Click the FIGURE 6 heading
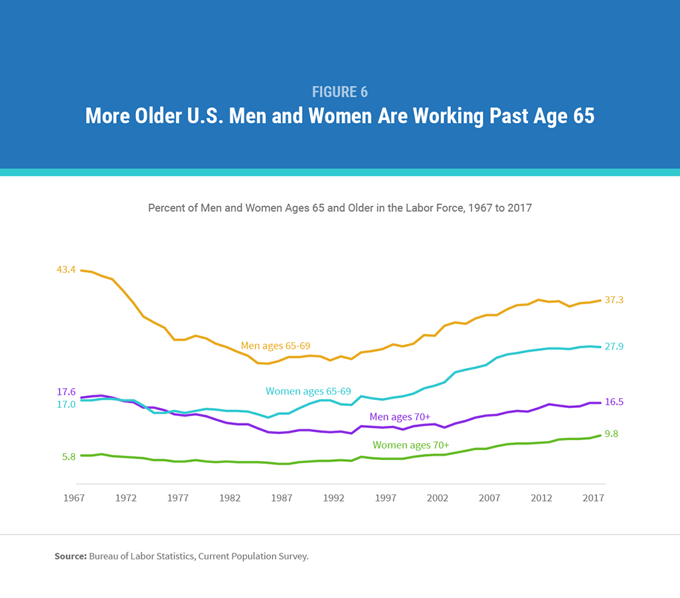340,92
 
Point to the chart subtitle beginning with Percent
340,208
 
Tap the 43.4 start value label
66,270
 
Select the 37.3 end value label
614,300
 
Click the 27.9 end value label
614,347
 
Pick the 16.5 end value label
614,402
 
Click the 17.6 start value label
66,392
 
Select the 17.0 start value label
66,405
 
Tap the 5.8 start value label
68,456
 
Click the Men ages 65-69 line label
275,346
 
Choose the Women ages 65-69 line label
308,391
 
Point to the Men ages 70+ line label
400,417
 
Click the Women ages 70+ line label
410,445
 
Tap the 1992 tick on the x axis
333,498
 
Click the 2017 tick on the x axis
592,498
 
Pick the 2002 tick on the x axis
436,498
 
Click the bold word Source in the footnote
70,556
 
